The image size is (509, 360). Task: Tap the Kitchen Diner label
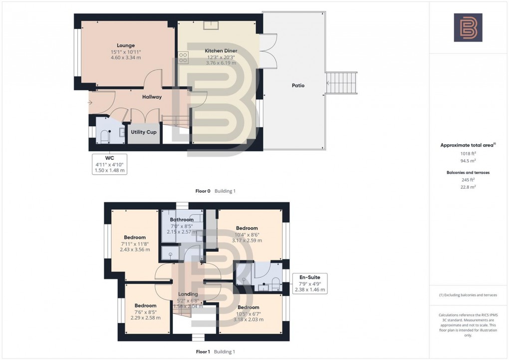[x=221, y=51]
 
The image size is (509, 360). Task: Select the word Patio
[x=298, y=85]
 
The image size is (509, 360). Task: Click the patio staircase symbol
[x=342, y=83]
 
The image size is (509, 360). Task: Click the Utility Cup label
[x=144, y=132]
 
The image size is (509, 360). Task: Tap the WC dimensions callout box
[x=109, y=164]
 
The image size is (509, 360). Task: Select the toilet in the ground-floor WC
[x=105, y=135]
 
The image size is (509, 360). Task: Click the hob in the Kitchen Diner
[x=183, y=58]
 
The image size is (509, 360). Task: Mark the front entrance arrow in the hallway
[x=90, y=103]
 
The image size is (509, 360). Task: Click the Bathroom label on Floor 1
[x=181, y=220]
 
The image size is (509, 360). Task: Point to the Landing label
[x=188, y=294]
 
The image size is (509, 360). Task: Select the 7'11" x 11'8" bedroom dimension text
[x=135, y=244]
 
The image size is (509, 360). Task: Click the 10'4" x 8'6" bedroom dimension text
[x=247, y=234]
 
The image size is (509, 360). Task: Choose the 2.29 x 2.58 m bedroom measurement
[x=145, y=318]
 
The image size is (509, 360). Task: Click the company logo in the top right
[x=468, y=27]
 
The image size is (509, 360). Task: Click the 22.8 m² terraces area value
[x=468, y=187]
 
